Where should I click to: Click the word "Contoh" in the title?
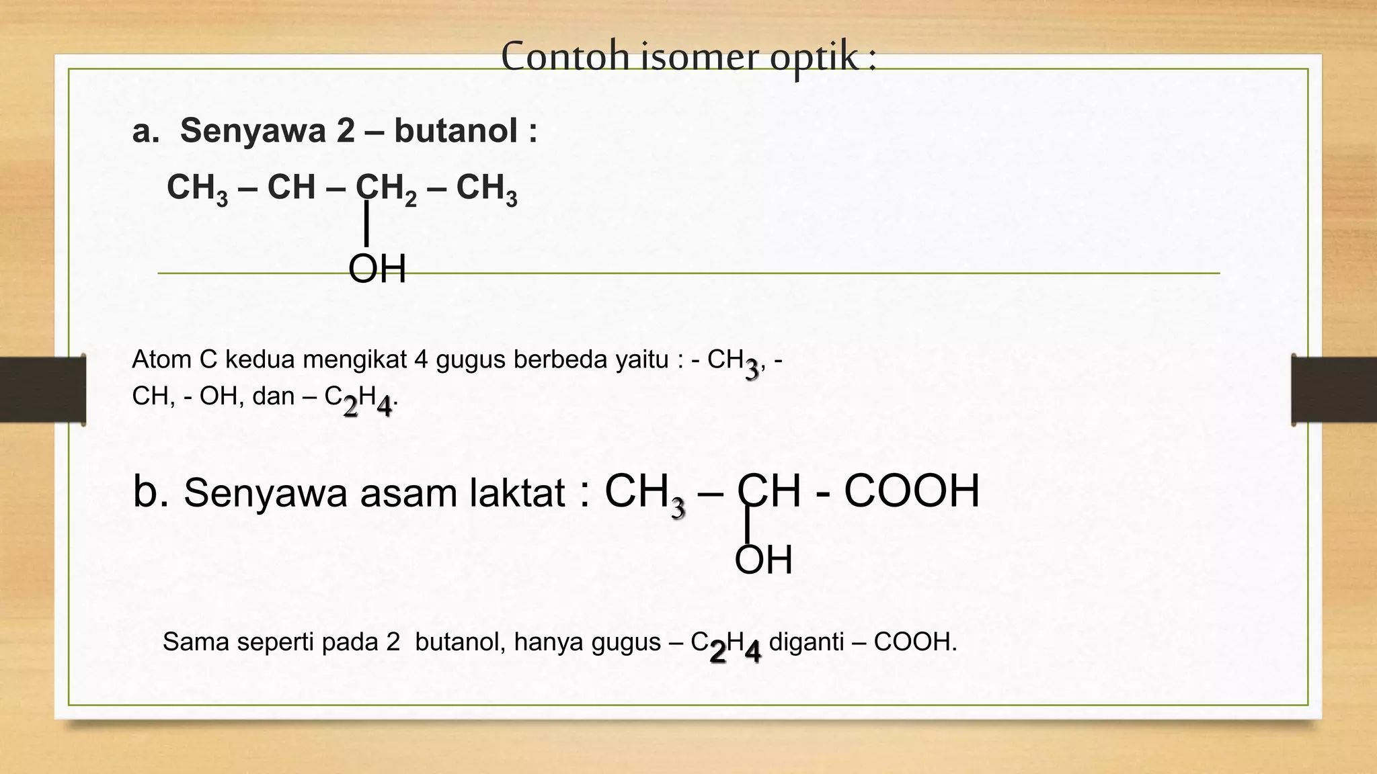[x=565, y=56]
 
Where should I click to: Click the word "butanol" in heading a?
[x=456, y=130]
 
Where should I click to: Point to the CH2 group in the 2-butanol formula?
[x=386, y=187]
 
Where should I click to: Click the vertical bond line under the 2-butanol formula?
[x=366, y=223]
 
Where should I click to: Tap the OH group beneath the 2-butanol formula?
[x=377, y=270]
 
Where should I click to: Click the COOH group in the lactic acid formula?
[x=911, y=491]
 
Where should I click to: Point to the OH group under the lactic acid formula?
[x=763, y=560]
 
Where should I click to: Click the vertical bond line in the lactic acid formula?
[x=748, y=523]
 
